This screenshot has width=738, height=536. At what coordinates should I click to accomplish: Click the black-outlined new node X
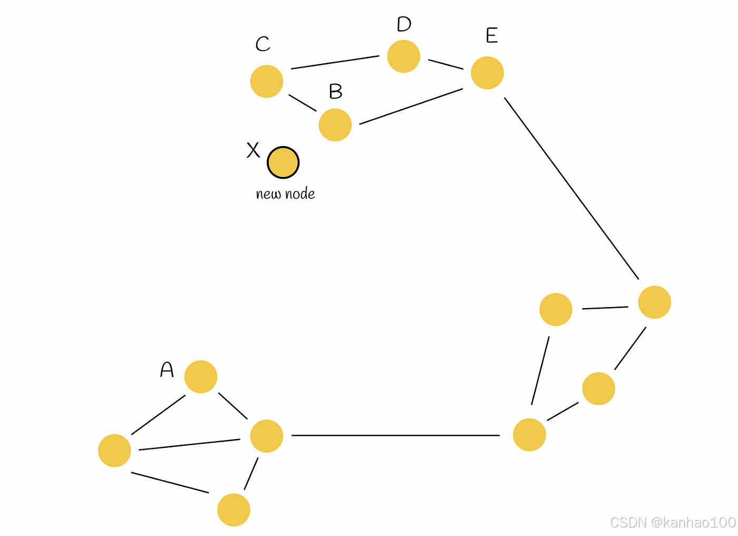tap(283, 162)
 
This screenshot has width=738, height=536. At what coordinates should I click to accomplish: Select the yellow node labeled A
tap(201, 377)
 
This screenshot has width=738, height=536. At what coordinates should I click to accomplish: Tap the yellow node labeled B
tap(335, 125)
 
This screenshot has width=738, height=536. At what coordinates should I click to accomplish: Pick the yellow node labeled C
tap(267, 81)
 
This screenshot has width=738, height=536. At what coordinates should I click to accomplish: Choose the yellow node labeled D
tap(404, 56)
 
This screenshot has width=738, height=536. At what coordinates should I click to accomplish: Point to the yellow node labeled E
tap(488, 73)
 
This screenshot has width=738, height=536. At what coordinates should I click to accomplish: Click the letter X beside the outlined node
tap(254, 150)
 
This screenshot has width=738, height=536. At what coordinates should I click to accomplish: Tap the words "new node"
tap(285, 194)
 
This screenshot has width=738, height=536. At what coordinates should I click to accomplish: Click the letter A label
tap(167, 369)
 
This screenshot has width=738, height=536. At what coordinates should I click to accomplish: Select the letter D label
tap(404, 24)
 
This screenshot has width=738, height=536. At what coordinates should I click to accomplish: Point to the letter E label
tap(491, 36)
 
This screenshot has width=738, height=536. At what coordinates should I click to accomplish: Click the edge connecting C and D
tap(335, 62)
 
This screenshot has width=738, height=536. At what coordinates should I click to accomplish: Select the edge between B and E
tap(411, 107)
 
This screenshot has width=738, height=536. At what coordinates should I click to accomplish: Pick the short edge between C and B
tap(303, 103)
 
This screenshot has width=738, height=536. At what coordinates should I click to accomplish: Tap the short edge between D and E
tap(445, 64)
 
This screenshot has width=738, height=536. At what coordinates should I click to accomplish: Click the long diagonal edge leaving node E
tap(571, 188)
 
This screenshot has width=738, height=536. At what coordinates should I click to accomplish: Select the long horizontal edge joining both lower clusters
tap(395, 435)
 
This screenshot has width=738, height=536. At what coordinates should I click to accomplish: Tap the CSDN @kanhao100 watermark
tap(673, 522)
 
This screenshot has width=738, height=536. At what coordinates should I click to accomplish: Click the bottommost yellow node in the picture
tap(234, 510)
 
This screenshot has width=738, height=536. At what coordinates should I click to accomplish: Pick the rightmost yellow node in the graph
tap(655, 302)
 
